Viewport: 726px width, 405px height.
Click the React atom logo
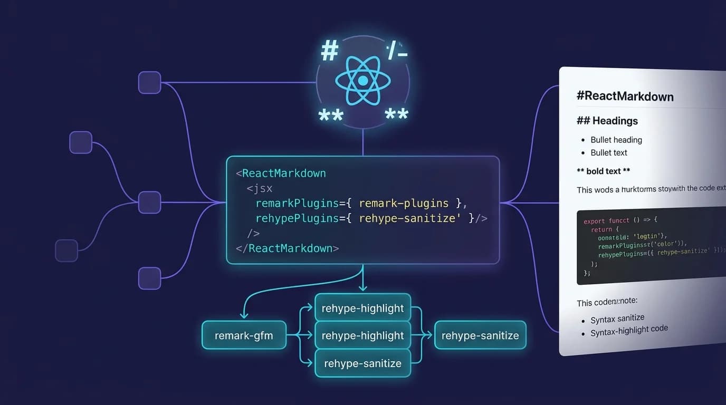pyautogui.click(x=362, y=81)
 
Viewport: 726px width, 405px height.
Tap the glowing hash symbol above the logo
pyautogui.click(x=329, y=51)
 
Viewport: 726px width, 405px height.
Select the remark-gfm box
pyautogui.click(x=244, y=335)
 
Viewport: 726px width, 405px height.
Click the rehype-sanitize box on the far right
pyautogui.click(x=480, y=335)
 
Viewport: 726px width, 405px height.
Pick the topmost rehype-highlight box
pyautogui.click(x=362, y=308)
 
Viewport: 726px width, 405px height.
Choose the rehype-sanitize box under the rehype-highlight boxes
pyautogui.click(x=362, y=363)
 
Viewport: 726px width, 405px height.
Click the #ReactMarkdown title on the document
pyautogui.click(x=625, y=97)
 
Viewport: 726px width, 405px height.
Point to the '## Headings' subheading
pyautogui.click(x=607, y=121)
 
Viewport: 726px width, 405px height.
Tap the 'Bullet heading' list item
pyautogui.click(x=616, y=140)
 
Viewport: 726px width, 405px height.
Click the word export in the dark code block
pyautogui.click(x=595, y=220)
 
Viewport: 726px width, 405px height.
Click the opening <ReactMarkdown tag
pyautogui.click(x=281, y=173)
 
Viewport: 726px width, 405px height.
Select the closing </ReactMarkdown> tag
pyautogui.click(x=287, y=248)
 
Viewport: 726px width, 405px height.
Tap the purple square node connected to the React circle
pyautogui.click(x=149, y=83)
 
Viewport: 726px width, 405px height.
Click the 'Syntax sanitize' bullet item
pyautogui.click(x=617, y=319)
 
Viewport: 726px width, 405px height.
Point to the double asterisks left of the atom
pyautogui.click(x=331, y=115)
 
